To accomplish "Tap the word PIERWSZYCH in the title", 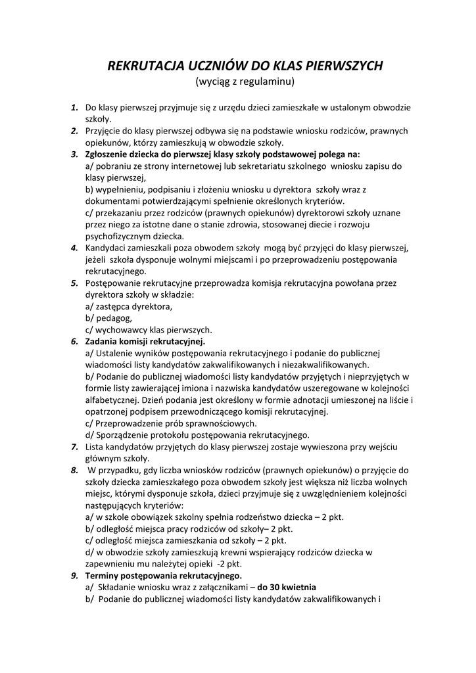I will pos(342,66).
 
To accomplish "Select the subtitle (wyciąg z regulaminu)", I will pos(238,82).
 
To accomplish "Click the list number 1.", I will pos(75,107).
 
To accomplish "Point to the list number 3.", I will pos(75,154).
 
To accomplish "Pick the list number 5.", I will pos(75,283).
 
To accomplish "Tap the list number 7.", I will pos(75,447).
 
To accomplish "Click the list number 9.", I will pos(75,576).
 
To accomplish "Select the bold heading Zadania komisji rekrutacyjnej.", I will pos(145,341).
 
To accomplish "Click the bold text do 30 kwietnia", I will pos(287,587).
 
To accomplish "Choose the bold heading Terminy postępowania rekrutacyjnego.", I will pos(164,576).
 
